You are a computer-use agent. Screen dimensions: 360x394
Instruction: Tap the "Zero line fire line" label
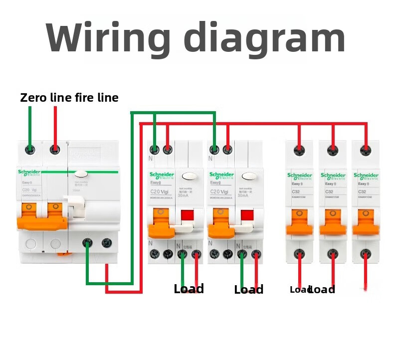point(69,98)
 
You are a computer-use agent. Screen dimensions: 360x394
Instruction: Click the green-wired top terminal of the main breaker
point(30,149)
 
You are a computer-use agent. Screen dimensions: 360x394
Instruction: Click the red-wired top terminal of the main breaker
point(55,149)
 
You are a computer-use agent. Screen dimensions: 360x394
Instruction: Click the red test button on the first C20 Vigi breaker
point(187,215)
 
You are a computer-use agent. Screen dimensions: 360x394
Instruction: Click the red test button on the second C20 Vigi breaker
point(247,215)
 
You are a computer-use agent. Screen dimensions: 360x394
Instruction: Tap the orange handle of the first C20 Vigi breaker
point(161,219)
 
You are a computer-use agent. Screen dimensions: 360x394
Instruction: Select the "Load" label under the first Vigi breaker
point(189,289)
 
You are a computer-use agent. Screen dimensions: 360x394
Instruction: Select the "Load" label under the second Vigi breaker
point(248,290)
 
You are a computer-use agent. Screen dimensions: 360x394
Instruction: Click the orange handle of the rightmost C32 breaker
point(366,222)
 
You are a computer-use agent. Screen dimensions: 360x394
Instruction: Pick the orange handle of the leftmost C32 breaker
point(299,222)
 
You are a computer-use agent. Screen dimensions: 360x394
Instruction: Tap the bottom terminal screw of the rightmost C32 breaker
point(366,253)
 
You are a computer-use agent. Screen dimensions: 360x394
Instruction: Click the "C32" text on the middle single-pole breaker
point(329,192)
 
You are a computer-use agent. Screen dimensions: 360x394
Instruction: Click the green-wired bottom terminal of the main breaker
point(88,244)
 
